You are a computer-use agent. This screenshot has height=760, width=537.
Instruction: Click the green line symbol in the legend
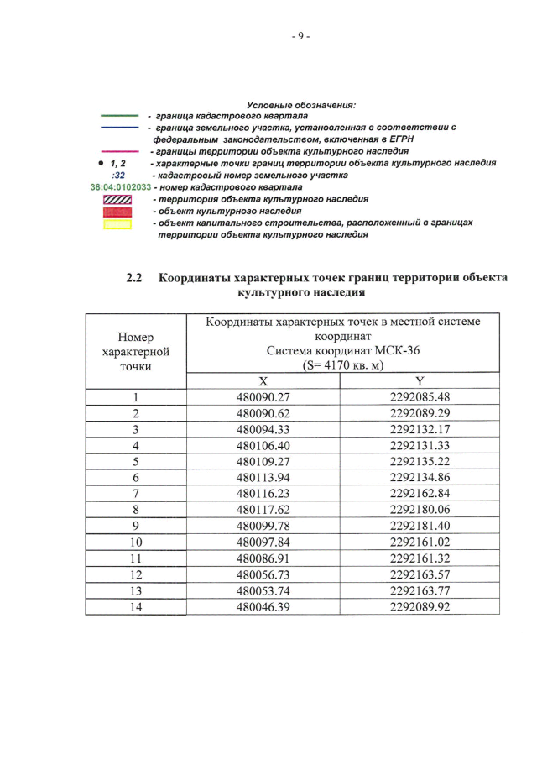click(x=120, y=115)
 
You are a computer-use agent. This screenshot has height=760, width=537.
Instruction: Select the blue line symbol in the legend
click(x=120, y=127)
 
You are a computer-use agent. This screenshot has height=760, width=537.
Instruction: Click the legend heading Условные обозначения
click(x=307, y=104)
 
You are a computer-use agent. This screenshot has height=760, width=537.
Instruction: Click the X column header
click(x=263, y=380)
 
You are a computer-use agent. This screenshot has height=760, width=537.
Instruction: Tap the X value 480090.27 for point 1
click(x=263, y=397)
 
